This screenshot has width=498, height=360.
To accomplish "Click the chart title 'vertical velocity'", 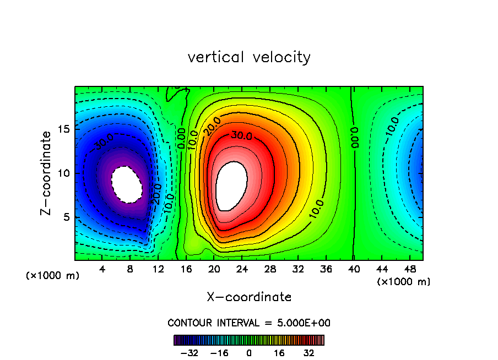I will click(249, 57).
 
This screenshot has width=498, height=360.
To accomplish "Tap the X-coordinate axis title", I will click(249, 297).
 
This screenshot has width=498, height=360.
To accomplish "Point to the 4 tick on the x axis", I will click(102, 270).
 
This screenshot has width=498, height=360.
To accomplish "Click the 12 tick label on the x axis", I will click(158, 270).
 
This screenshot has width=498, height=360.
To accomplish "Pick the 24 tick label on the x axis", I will click(242, 270).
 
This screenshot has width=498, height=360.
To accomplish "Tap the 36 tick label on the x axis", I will click(326, 270).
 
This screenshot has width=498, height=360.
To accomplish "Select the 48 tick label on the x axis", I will click(409, 270).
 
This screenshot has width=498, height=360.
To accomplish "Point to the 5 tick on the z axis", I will click(67, 217).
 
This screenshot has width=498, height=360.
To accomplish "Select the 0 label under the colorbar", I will click(249, 353).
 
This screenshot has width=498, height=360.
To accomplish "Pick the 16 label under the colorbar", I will click(279, 353).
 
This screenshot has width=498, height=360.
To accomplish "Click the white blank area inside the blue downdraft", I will click(127, 184).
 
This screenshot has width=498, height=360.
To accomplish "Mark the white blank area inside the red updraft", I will click(231, 186).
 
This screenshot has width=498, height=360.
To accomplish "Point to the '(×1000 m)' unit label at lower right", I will click(404, 282).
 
